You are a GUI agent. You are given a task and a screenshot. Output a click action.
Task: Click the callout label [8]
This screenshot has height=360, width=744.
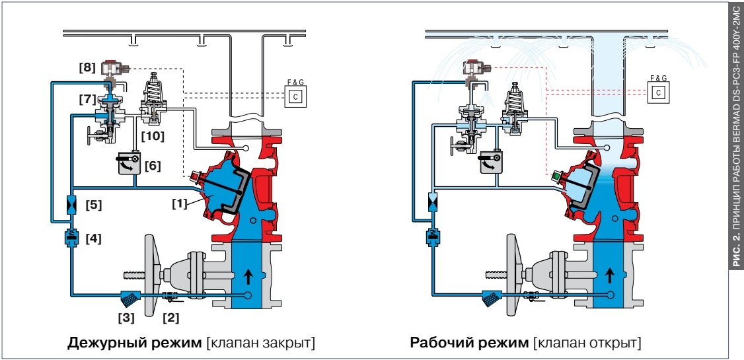tap(87, 68)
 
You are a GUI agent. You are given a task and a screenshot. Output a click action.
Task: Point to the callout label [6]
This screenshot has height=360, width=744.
tap(153, 166)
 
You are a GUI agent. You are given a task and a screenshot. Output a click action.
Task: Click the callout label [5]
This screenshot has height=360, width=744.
tap(94, 205)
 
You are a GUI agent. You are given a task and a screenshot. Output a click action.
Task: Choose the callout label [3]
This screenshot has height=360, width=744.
tap(126, 318)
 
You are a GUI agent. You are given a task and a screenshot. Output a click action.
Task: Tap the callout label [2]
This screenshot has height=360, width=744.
tap(171, 318)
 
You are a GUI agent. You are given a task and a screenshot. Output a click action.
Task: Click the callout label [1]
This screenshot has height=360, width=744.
tap(180, 203)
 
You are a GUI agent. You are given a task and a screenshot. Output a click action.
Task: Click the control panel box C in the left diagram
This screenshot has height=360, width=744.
tap(295, 96)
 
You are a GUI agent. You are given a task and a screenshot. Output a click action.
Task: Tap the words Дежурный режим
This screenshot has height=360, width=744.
tap(135, 342)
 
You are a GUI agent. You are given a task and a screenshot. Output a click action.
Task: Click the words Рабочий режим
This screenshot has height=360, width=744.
tap(468, 342)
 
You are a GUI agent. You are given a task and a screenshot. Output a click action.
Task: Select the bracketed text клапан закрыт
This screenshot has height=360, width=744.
tap(260, 342)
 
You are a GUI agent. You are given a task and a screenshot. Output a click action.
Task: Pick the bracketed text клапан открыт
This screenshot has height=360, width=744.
tap(587, 342)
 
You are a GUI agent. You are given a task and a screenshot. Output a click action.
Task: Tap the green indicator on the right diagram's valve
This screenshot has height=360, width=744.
tap(556, 178)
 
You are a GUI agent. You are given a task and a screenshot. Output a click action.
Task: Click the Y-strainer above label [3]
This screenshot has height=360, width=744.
tap(128, 297)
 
